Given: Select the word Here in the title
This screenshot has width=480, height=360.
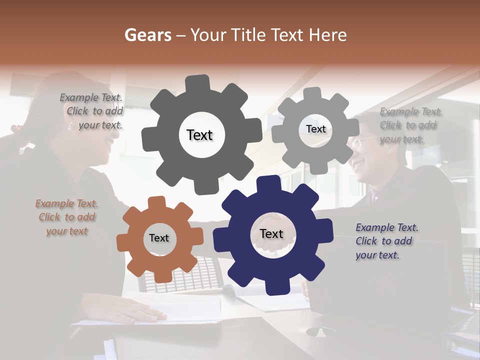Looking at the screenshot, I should coord(328,35).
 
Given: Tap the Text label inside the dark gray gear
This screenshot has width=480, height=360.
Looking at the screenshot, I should coord(199,135).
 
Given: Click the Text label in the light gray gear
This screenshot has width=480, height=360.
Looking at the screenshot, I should coord(315,129).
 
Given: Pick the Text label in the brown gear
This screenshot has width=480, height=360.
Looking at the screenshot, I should coord(158,238).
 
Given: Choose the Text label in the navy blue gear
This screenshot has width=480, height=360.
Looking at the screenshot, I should coord(271,233).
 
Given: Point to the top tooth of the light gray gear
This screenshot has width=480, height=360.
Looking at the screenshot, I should coord(313,93).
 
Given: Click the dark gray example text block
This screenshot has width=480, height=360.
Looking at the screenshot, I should coord(92,111).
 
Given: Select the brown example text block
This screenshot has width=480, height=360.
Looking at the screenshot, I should coord(67,217).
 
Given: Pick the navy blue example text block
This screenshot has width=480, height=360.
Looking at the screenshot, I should coord(386,241).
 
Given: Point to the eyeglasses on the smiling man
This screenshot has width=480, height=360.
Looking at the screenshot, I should coord(361,143).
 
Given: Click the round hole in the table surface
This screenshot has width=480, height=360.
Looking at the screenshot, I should coord(320,331).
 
